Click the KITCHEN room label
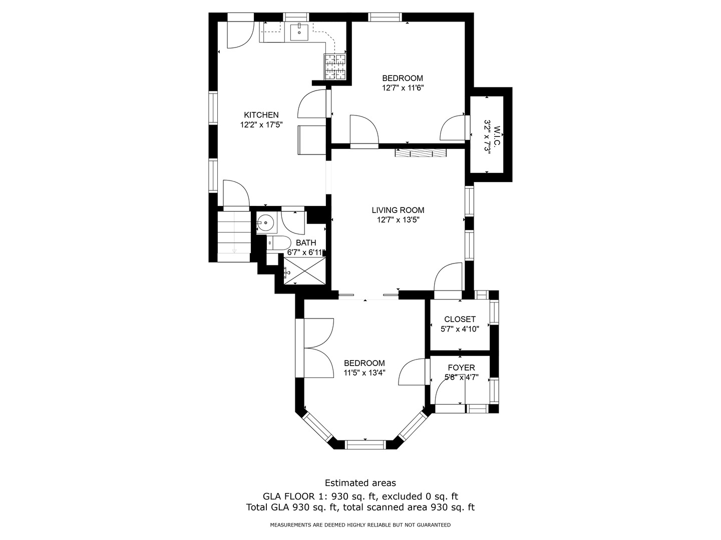tap(261, 115)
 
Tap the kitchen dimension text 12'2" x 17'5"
tap(261, 125)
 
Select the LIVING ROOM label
tap(398, 210)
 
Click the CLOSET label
tap(460, 319)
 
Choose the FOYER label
tap(462, 367)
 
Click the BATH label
tap(306, 242)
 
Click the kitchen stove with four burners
tap(335, 67)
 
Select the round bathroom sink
tap(265, 222)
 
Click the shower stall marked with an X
tap(305, 271)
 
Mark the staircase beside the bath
tap(234, 236)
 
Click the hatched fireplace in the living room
tap(421, 153)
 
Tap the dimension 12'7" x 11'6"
tap(403, 88)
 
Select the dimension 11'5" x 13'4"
tap(365, 373)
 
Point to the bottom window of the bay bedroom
tap(365, 445)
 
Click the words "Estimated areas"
tap(360, 483)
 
